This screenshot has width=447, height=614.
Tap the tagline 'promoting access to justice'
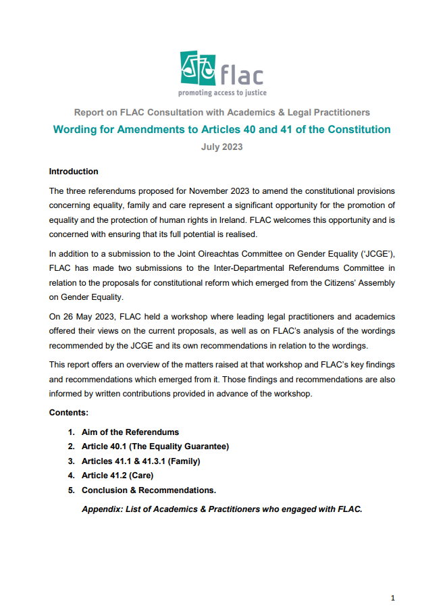tap(222, 92)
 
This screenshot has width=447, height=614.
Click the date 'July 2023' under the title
tap(221, 146)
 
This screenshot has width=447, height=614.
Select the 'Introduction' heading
tap(74, 172)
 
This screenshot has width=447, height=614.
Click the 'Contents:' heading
tap(69, 412)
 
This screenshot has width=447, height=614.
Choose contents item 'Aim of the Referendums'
tap(130, 432)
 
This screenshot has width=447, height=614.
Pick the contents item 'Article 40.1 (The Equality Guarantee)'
tap(155, 446)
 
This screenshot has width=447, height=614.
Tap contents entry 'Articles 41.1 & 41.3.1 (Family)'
tap(141, 461)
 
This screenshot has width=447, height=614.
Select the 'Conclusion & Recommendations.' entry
tap(149, 490)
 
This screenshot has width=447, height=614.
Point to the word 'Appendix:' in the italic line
tap(102, 509)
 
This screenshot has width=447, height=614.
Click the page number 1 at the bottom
tap(393, 598)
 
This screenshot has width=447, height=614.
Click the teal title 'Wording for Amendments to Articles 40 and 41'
tap(221, 129)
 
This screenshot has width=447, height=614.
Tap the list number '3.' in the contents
tap(70, 461)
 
